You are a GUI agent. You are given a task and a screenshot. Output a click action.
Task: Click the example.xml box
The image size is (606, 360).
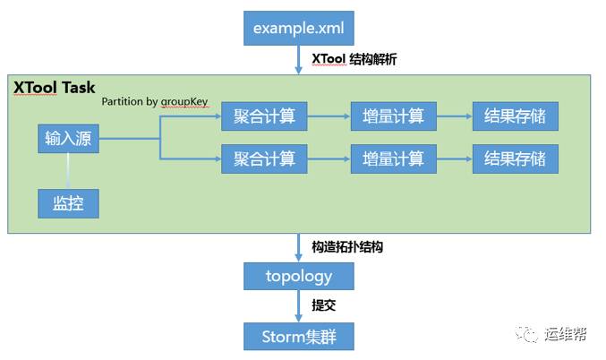pos(299,28)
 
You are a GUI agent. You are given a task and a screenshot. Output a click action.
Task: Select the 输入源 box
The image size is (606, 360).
pos(68,139)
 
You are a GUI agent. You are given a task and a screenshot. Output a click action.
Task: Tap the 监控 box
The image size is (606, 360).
pos(68,203)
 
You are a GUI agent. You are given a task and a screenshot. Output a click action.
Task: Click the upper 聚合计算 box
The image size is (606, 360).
pos(264,116)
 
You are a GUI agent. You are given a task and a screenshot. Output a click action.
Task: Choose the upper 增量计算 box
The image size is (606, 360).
pos(393,116)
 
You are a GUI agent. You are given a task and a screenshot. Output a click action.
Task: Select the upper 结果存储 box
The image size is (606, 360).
pos(515,116)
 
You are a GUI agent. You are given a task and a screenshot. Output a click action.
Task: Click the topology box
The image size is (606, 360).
pos(299,276)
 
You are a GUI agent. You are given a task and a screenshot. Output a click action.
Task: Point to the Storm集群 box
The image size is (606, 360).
pos(299,337)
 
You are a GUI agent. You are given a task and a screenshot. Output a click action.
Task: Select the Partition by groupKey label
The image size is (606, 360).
pos(154,102)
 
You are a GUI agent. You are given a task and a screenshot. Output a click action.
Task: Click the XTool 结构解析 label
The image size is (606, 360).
pos(354,59)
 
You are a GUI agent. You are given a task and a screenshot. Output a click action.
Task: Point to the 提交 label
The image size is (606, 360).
pos(323,305)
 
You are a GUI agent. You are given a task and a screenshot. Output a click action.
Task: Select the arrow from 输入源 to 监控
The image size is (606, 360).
pos(68,170)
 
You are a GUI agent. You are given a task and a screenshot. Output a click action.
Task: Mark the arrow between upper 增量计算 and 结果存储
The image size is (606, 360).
pos(453,116)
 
